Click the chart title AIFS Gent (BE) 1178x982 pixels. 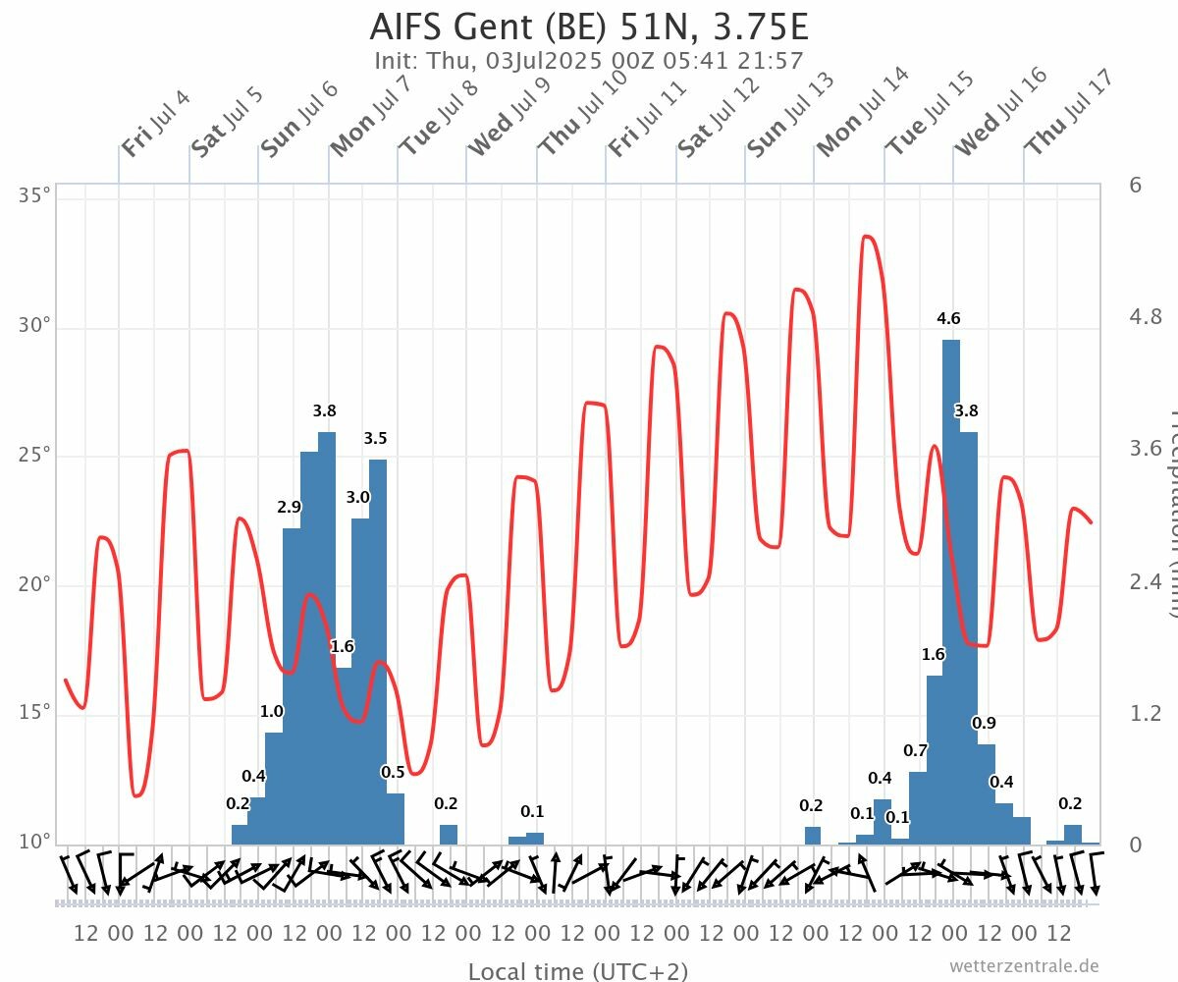point(589,27)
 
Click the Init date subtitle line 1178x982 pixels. point(589,60)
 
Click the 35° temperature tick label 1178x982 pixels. point(35,196)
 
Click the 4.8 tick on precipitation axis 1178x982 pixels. point(1146,316)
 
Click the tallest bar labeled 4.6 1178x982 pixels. point(951,589)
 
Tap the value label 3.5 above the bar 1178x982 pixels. point(375,439)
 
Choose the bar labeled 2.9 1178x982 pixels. point(292,687)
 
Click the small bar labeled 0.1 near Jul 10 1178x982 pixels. point(535,839)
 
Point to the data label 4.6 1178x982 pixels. point(948,318)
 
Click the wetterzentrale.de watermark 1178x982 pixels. point(1024,966)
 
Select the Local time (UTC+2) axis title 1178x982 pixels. point(577,971)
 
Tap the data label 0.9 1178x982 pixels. point(984,723)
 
